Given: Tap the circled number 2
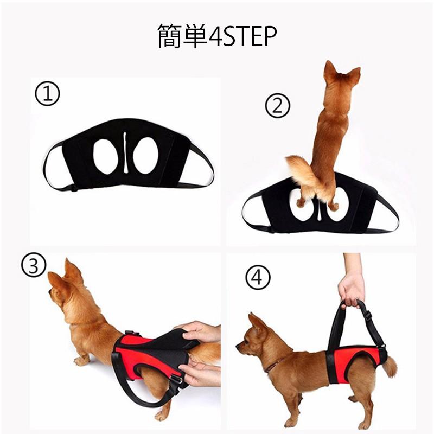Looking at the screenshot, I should [277, 107].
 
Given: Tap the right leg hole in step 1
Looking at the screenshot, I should [146, 156].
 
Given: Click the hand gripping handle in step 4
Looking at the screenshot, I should [351, 289].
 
